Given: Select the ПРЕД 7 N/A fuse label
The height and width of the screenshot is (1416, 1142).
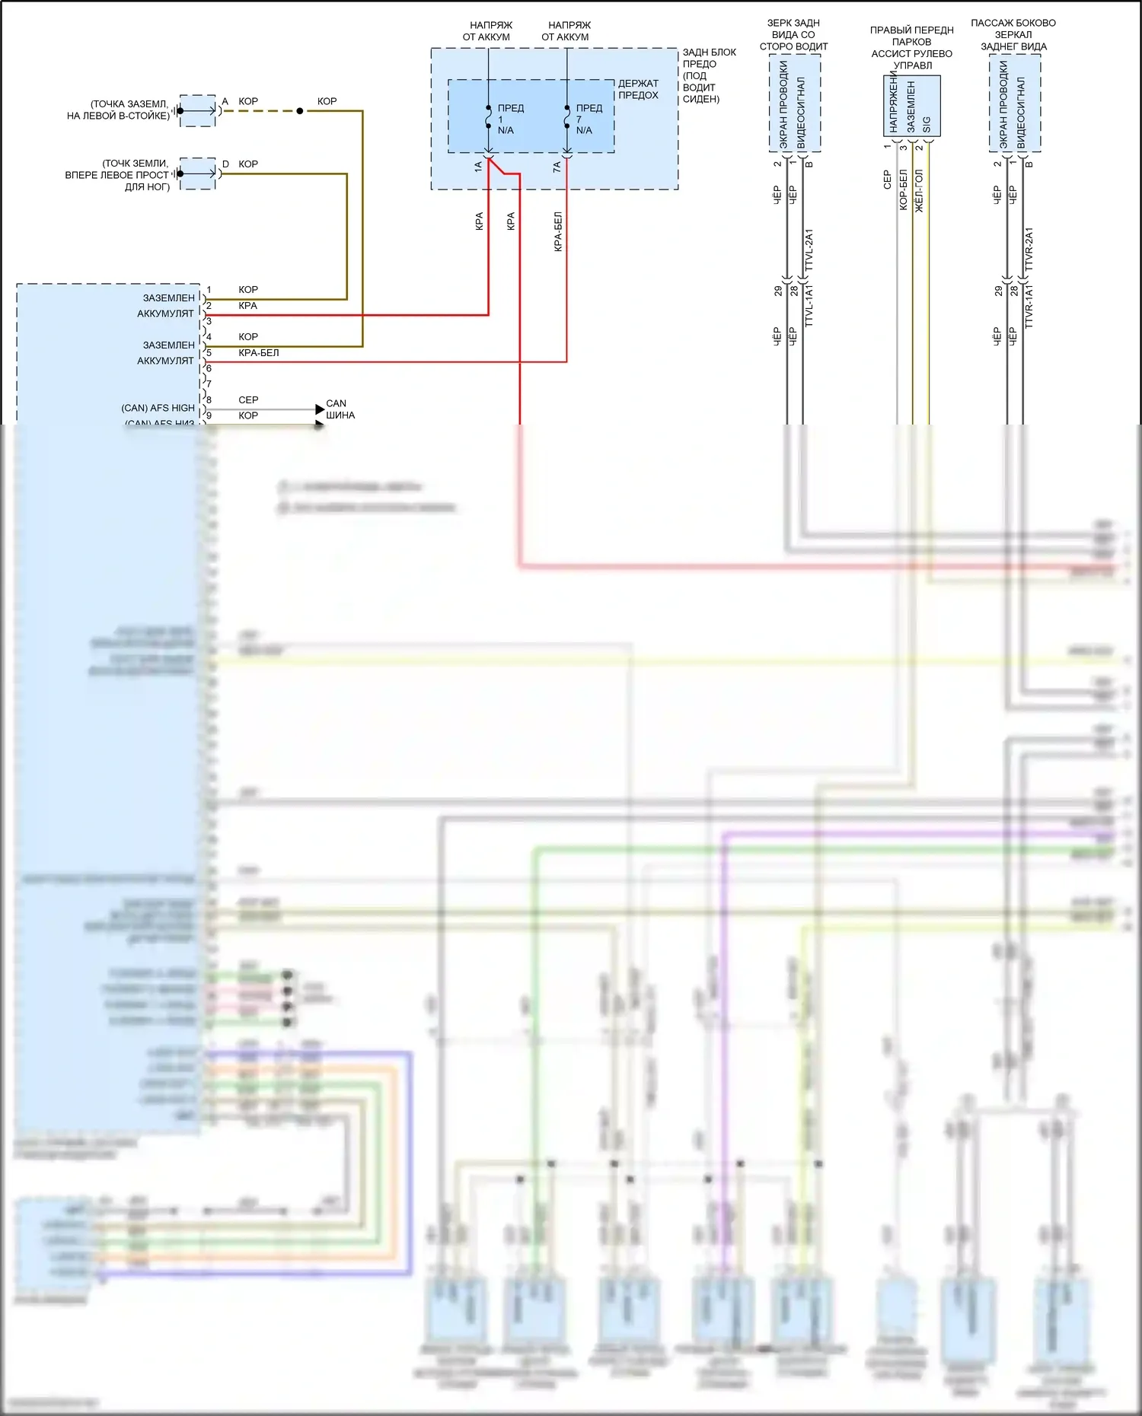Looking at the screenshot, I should coord(588,119).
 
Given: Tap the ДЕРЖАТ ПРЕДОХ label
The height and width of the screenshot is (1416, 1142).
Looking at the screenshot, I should coord(638,89).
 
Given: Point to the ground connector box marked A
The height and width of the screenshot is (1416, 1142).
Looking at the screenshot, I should coord(198,111).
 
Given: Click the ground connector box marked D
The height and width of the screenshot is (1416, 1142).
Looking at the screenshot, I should coord(198,173).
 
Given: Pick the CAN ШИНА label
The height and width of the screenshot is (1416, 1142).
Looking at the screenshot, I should coord(340,409).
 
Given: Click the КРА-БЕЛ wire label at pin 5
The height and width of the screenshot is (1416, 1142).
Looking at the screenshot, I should coord(259,353).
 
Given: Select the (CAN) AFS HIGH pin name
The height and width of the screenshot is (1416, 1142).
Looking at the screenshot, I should coord(158,408).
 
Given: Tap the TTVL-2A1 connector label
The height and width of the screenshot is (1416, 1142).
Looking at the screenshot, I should coord(809,250).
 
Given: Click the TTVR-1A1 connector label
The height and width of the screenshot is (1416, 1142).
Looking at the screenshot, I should coord(1029,307).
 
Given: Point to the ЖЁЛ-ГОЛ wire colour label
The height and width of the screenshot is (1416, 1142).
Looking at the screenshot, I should coord(919,191).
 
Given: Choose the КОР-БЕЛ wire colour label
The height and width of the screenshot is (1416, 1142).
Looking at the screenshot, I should coord(903,190).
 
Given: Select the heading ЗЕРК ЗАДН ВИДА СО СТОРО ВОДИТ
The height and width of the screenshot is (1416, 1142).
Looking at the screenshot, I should coord(793,35).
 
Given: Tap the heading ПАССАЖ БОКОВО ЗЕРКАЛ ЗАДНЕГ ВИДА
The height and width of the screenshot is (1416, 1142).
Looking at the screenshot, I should coord(1013,35).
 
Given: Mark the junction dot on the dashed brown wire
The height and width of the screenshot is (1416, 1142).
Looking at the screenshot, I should coord(300,111).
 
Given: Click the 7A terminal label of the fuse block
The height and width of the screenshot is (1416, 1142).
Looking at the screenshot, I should coord(557,166).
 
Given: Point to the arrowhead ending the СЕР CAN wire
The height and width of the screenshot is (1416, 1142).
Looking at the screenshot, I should coord(320,410).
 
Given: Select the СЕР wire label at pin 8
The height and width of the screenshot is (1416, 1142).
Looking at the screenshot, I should coord(248,400).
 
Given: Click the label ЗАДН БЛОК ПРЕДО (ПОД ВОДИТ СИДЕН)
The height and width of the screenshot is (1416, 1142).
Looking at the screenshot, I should coord(708,75).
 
